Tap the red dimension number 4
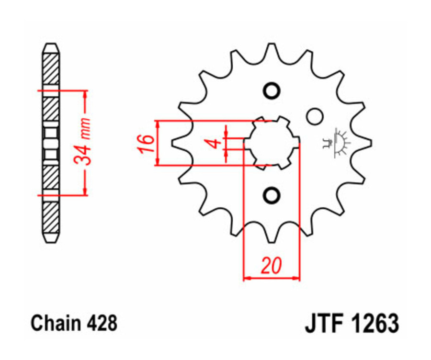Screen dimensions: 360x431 (215, 143)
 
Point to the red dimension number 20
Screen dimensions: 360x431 (271, 265)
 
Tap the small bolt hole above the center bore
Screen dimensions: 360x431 (271, 90)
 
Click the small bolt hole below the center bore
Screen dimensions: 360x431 (271, 195)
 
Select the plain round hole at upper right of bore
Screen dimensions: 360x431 (315, 116)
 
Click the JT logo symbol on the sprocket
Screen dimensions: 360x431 (337, 142)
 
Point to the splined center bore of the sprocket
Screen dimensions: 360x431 (272, 142)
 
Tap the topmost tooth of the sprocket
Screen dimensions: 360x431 (271, 51)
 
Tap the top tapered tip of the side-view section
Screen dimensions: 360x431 (51, 46)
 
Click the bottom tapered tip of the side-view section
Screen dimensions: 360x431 (51, 238)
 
